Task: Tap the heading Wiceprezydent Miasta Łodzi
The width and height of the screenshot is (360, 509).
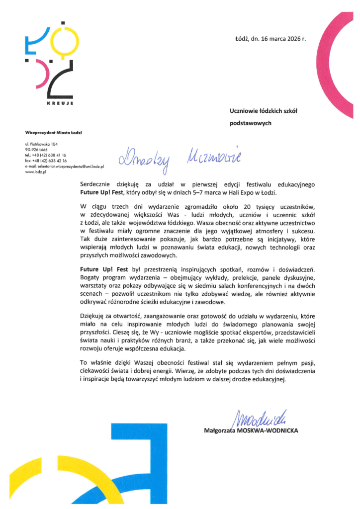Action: tap(53, 132)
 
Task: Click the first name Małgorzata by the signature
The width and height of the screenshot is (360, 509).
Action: tap(222, 430)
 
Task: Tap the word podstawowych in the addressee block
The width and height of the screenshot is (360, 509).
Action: tap(250, 123)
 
